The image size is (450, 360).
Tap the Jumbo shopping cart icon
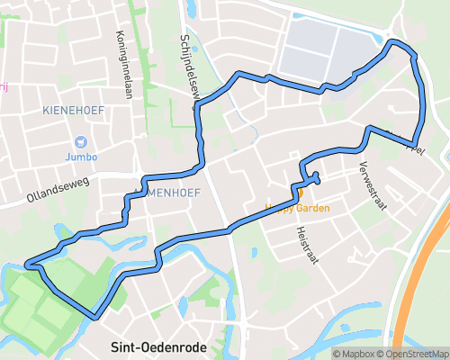[x=82, y=141]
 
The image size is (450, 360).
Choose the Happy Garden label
[x=297, y=208]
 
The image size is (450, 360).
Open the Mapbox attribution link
[x=356, y=354]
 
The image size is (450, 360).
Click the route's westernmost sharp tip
[x=28, y=265]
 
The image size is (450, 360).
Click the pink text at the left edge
[x=4, y=87]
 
